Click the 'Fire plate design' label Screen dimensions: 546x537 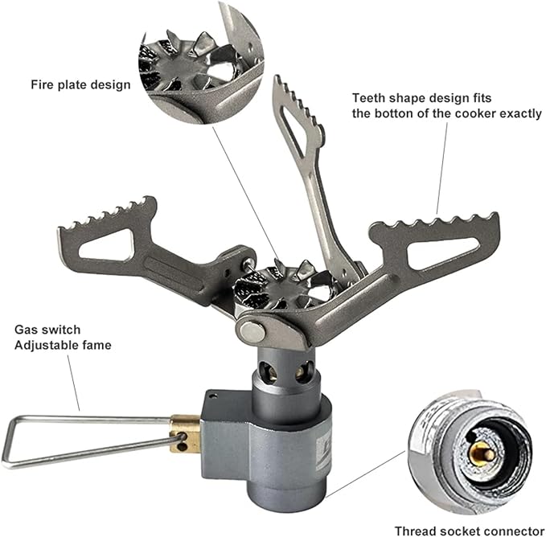pos(80,85)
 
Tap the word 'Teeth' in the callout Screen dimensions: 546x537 pos(368,98)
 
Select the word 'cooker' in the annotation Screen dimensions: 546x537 pos(475,114)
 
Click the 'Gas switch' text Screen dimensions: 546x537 pos(47,330)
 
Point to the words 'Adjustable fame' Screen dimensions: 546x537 pos(63,345)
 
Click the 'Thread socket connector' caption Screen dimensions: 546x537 pos(470,531)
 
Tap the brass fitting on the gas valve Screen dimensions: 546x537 pos(185,433)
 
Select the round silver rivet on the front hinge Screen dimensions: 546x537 pos(252,332)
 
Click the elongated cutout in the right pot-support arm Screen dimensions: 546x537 pos(441,254)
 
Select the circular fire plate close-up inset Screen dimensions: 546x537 pos(201,62)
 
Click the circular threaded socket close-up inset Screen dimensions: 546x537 pos(471,453)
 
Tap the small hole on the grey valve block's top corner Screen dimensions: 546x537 pos(213,395)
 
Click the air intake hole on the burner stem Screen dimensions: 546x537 pos(269,371)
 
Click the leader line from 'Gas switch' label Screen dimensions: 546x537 pos(73,383)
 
